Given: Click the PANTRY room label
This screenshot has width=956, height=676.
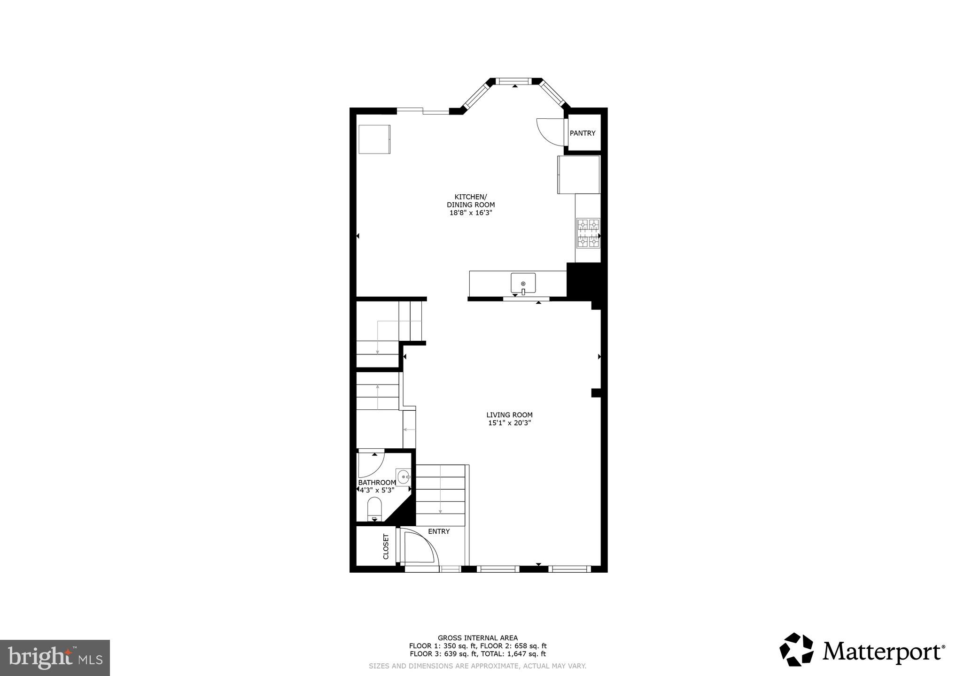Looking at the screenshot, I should tap(583, 133).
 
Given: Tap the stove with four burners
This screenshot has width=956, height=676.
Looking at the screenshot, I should tap(588, 233).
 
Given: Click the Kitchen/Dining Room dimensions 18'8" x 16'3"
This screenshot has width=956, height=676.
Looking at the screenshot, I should tap(471, 213).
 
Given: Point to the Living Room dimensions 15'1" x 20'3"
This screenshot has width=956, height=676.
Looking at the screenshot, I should tap(509, 423).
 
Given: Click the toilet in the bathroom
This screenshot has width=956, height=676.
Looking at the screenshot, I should tap(374, 509).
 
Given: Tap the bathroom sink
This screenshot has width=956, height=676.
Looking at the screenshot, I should tap(404, 477).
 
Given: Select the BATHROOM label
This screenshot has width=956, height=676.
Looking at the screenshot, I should tap(377, 483).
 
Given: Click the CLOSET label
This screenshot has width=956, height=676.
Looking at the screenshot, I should tap(386, 546).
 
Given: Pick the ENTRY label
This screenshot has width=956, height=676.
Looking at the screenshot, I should tap(439, 531).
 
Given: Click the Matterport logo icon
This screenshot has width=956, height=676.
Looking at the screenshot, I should tap(797, 649).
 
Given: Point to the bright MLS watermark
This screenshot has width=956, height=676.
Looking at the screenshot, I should tap(54, 658).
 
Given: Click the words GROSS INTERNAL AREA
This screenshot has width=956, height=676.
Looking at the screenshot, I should tap(477, 638).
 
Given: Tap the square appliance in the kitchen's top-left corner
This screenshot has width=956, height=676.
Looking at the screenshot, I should tap(374, 139).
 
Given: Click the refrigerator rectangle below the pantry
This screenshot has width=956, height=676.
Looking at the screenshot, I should tap(579, 175).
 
